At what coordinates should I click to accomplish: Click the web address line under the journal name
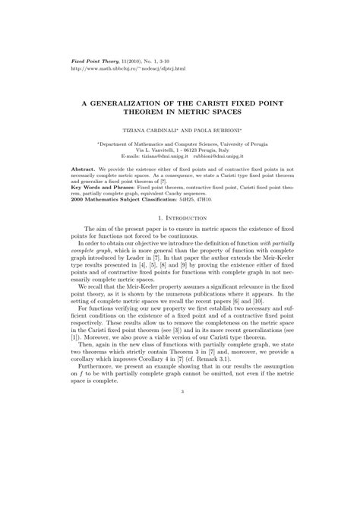click(x=122, y=67)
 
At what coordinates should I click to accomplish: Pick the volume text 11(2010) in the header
click(x=131, y=59)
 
